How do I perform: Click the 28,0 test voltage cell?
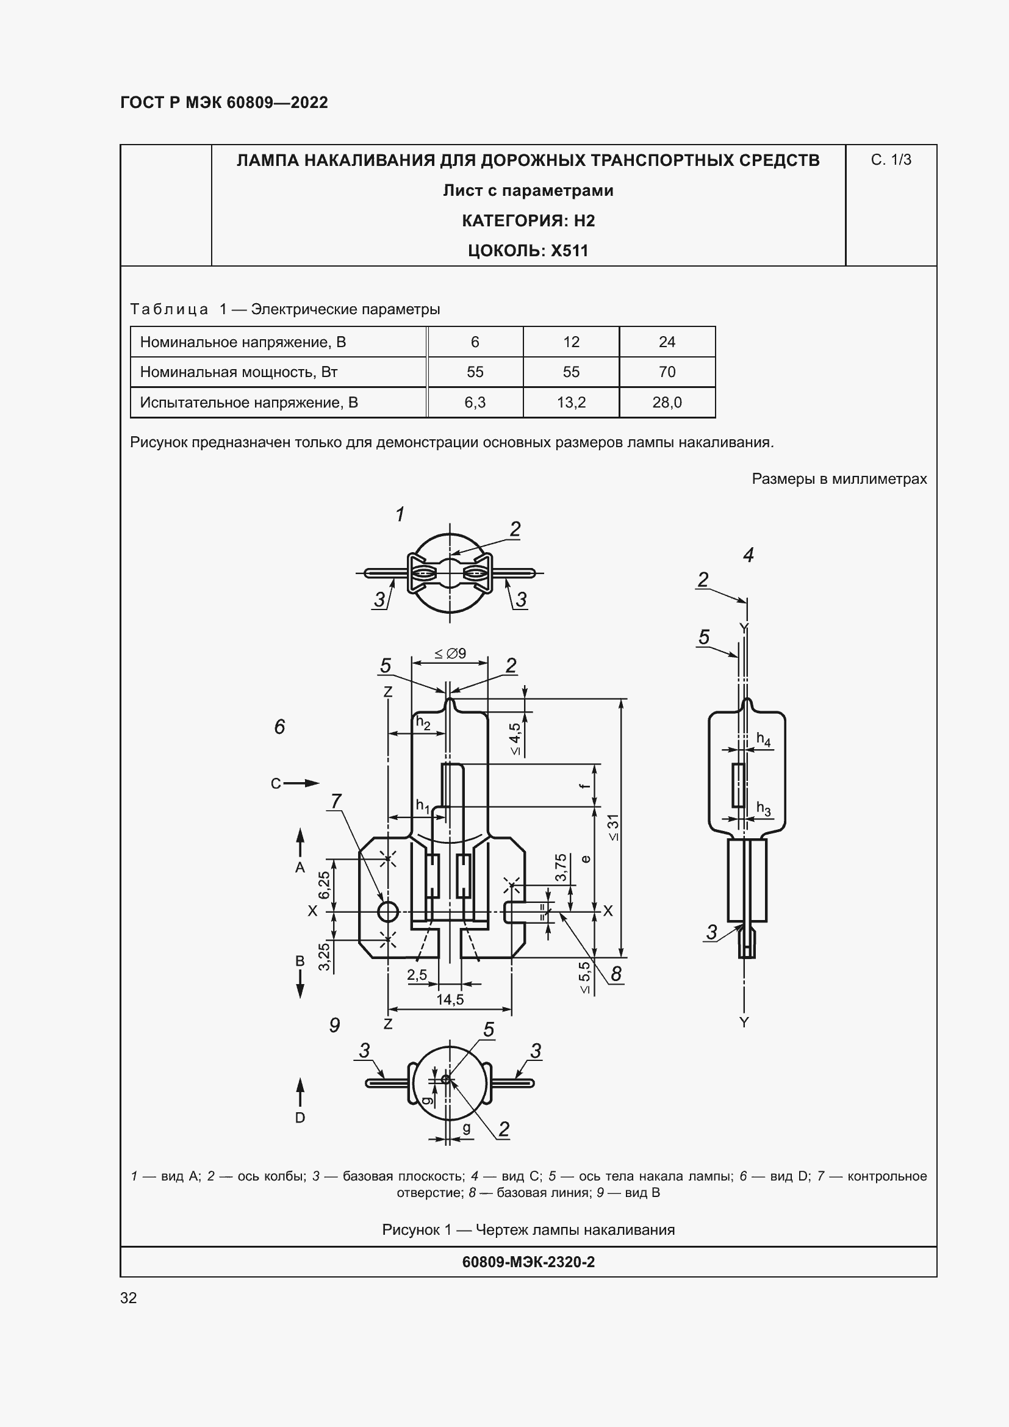(667, 403)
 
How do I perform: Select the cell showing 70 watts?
(667, 372)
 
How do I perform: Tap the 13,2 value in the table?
(570, 403)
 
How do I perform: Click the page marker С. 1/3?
(890, 160)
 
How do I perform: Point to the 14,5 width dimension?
(450, 999)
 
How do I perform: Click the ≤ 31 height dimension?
(613, 827)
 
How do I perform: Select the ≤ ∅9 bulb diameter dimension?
(450, 653)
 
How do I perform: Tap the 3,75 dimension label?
(561, 867)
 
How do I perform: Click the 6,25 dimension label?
(325, 885)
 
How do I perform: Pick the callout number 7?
(336, 801)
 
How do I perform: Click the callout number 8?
(616, 974)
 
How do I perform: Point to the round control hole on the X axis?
(388, 911)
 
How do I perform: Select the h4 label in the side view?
(763, 739)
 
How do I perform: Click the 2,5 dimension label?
(417, 974)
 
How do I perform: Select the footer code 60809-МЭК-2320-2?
(528, 1262)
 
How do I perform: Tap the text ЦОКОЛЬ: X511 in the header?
(528, 251)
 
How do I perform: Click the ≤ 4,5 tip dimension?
(515, 738)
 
